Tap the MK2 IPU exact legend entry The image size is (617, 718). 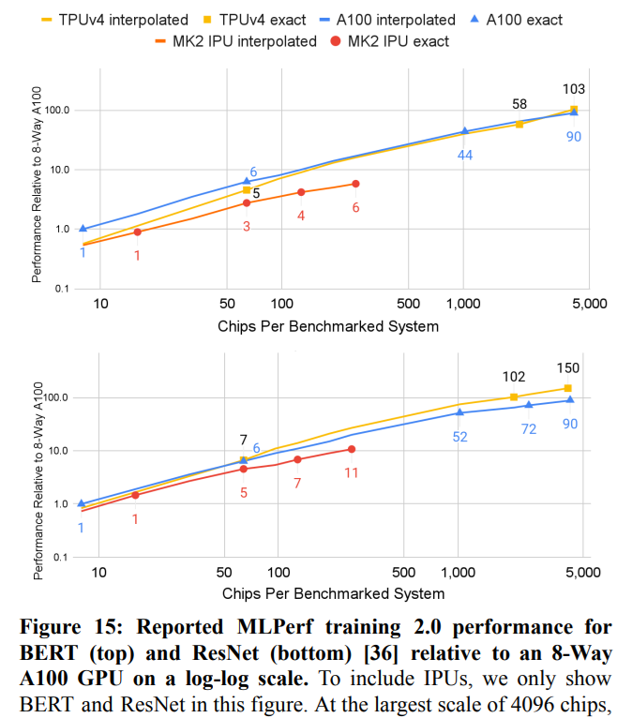pyautogui.click(x=392, y=40)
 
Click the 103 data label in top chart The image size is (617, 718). pyautogui.click(x=573, y=89)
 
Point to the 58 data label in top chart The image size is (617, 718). pyautogui.click(x=519, y=104)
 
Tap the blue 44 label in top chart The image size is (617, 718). pyautogui.click(x=465, y=154)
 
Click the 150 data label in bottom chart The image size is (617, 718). pyautogui.click(x=568, y=367)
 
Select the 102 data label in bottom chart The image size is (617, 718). pyautogui.click(x=514, y=377)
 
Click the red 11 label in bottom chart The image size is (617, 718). pyautogui.click(x=352, y=471)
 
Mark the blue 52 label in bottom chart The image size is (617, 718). pyautogui.click(x=459, y=436)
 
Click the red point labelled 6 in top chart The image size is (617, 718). pyautogui.click(x=355, y=184)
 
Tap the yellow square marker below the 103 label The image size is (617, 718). pyautogui.click(x=573, y=110)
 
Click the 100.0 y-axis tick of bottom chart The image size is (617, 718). pyautogui.click(x=57, y=397)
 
